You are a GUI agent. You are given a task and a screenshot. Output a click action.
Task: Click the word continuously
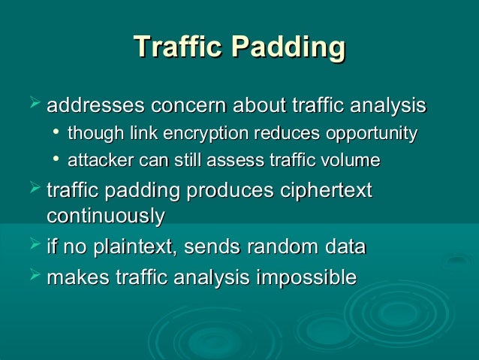pyautogui.click(x=106, y=216)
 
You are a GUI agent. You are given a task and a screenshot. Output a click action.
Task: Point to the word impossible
pyautogui.click(x=306, y=277)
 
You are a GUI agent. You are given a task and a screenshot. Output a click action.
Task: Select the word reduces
pyautogui.click(x=294, y=134)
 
